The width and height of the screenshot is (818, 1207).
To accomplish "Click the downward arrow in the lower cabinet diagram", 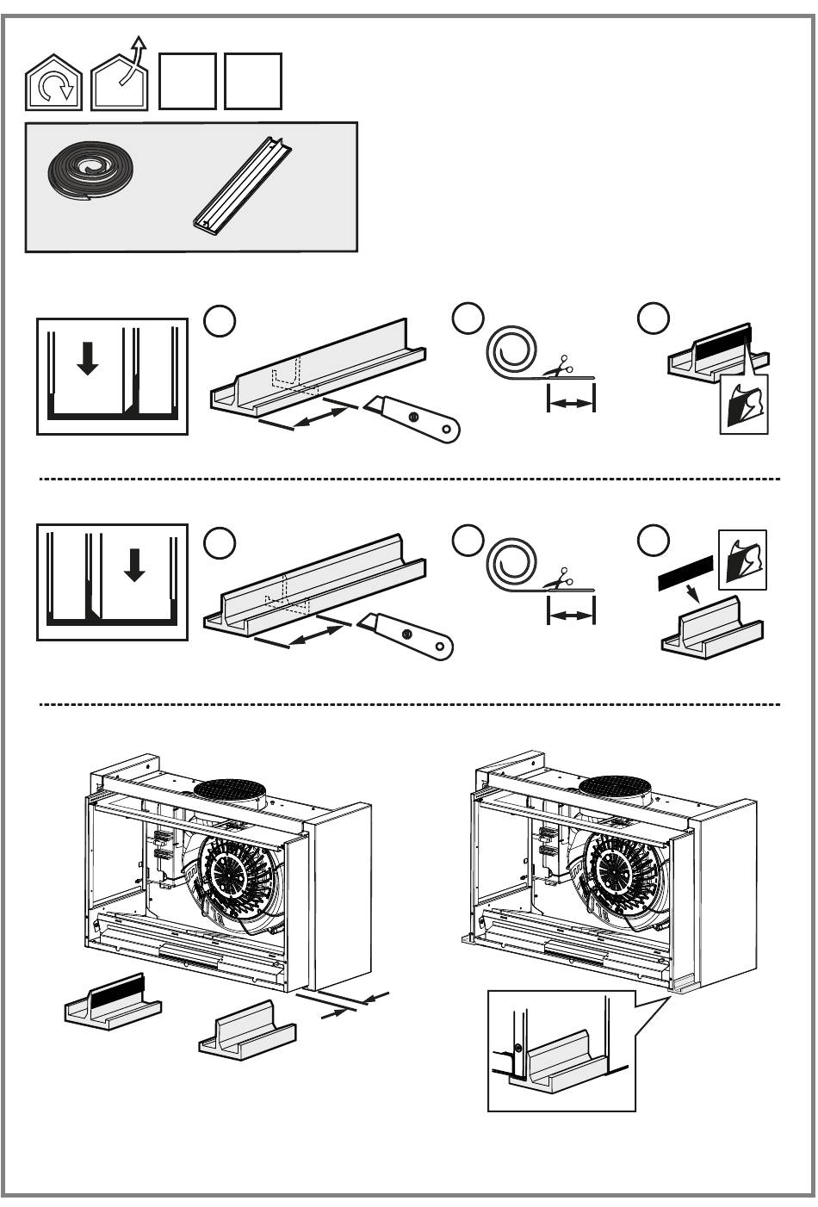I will click(x=133, y=564).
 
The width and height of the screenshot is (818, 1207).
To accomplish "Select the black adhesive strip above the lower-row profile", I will click(x=685, y=571).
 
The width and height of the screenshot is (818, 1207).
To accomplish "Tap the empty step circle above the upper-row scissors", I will click(x=468, y=318).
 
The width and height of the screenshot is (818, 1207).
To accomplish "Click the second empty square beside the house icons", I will click(x=253, y=82).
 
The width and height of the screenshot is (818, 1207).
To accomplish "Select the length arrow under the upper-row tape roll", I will click(x=571, y=401).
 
